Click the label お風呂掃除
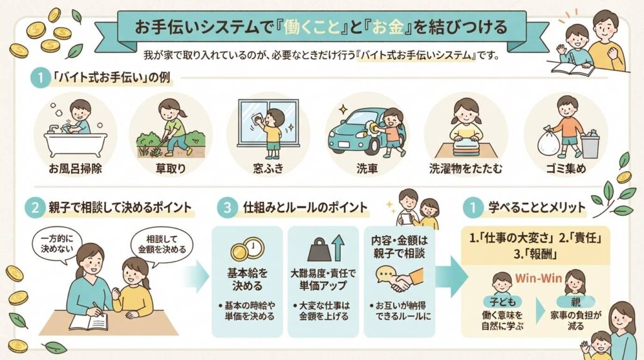(75, 169)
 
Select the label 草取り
(170, 169)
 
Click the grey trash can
(590, 144)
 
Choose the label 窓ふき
(268, 169)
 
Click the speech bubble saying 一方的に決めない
(57, 244)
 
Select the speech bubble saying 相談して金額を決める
(162, 244)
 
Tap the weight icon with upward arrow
(326, 248)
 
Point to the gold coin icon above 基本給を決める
(247, 249)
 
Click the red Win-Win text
(538, 278)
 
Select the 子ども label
(502, 301)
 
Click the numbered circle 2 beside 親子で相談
(35, 208)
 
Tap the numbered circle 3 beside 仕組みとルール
(227, 208)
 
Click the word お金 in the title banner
(387, 28)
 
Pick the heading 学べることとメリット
(536, 208)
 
